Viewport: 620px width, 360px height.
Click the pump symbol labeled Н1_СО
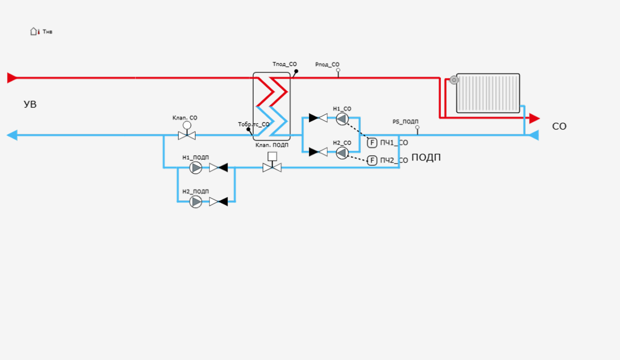(x=342, y=118)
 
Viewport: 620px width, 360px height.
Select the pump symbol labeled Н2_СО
(x=342, y=152)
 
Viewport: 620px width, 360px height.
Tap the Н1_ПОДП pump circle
(x=196, y=168)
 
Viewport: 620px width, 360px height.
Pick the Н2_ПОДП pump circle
(x=196, y=202)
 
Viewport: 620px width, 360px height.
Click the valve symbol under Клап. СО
(x=187, y=134)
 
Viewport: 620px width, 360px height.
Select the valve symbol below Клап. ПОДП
(x=272, y=167)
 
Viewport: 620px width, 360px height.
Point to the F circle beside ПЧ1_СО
(x=372, y=143)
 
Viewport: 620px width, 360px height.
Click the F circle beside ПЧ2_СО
(x=372, y=160)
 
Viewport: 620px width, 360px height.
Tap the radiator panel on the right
(x=488, y=93)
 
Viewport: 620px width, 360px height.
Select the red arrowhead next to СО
(x=534, y=118)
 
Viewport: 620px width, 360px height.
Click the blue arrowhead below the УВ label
(x=12, y=135)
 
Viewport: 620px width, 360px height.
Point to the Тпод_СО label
(x=284, y=64)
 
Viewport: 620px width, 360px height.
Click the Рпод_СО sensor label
(x=327, y=64)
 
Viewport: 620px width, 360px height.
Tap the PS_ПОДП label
(x=405, y=121)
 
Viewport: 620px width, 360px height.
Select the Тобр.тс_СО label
(x=253, y=124)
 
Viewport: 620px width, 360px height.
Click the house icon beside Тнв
(x=34, y=31)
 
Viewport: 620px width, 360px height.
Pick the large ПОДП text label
(x=426, y=157)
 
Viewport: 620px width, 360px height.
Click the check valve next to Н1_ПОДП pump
(x=219, y=168)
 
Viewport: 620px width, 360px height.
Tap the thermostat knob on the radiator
(x=454, y=80)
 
